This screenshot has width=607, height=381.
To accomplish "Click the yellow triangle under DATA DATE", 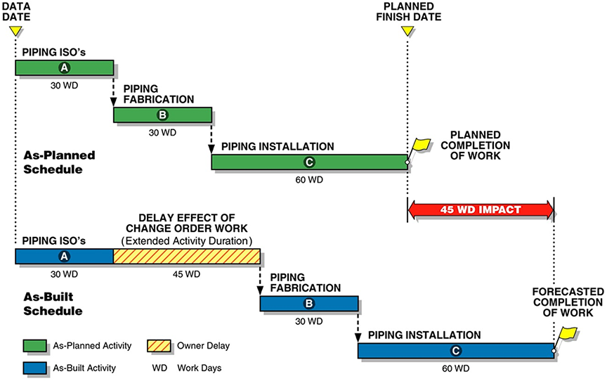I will pyautogui.click(x=15, y=32).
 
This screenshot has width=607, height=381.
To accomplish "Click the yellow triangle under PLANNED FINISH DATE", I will pyautogui.click(x=407, y=32).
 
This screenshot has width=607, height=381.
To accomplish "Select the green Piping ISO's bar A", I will pyautogui.click(x=64, y=67).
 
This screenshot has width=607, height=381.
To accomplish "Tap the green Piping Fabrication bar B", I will pyautogui.click(x=162, y=115).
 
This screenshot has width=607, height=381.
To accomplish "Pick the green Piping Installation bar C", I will pyautogui.click(x=309, y=162).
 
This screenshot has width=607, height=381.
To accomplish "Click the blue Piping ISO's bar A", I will pyautogui.click(x=64, y=256).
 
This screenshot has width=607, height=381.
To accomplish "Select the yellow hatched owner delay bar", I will pyautogui.click(x=186, y=256).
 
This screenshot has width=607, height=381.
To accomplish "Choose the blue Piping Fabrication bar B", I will pyautogui.click(x=308, y=304).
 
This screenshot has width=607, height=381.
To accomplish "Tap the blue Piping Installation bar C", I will pyautogui.click(x=455, y=351).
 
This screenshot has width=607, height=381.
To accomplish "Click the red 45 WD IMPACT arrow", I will pyautogui.click(x=481, y=209).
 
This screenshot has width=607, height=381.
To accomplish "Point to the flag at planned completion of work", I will pyautogui.click(x=422, y=146).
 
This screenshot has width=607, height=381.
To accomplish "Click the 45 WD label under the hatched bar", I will pyautogui.click(x=186, y=274).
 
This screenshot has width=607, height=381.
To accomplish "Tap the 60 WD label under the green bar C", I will pyautogui.click(x=309, y=180).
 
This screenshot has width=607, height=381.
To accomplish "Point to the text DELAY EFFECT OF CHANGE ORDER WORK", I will pyautogui.click(x=186, y=224).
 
